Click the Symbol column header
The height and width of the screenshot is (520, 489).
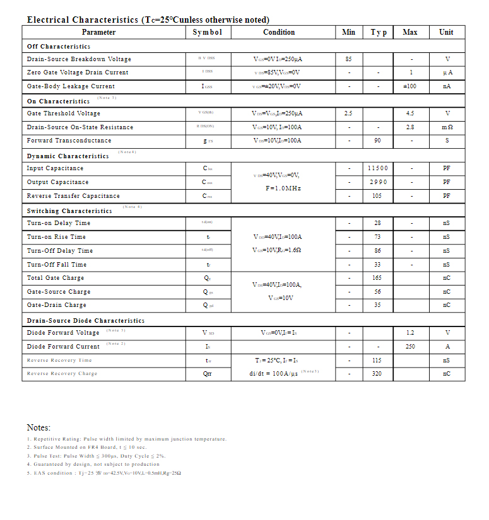click(x=208, y=32)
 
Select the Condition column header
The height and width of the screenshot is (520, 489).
click(x=279, y=32)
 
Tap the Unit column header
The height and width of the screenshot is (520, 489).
click(x=446, y=32)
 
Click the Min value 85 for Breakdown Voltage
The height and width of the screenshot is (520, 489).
click(x=348, y=59)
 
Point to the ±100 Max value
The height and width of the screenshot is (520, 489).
click(x=410, y=86)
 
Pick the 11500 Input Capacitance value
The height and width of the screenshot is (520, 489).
click(x=377, y=168)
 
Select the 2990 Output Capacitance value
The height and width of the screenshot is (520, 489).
click(x=377, y=182)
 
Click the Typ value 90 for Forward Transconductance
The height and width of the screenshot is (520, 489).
click(x=377, y=141)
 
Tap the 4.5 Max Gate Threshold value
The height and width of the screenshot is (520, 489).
click(x=410, y=113)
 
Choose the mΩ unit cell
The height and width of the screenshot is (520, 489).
click(x=447, y=127)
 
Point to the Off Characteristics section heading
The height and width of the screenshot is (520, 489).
click(x=59, y=46)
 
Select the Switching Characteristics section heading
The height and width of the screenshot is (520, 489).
click(x=69, y=211)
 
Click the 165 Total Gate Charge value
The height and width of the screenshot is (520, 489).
click(x=377, y=278)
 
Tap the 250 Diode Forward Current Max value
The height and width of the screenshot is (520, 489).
click(x=410, y=347)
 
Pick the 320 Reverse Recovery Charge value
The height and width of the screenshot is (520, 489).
click(x=377, y=374)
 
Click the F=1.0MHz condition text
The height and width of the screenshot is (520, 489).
click(x=283, y=188)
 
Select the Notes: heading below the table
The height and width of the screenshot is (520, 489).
click(x=38, y=427)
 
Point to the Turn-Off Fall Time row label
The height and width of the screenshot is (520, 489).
click(x=57, y=265)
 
